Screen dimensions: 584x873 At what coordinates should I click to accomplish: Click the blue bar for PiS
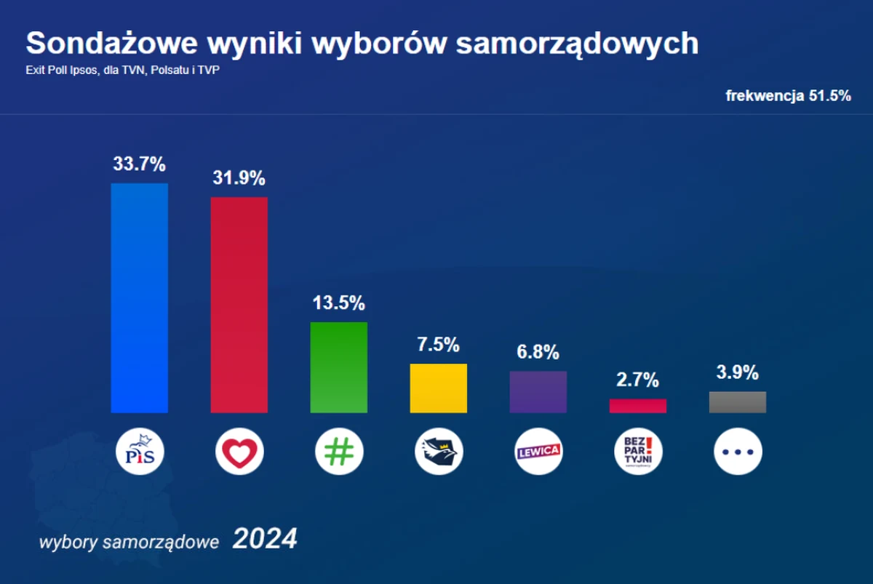point(139,298)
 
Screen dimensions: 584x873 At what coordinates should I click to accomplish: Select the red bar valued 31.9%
point(239,305)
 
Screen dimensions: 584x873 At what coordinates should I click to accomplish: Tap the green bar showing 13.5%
point(339,367)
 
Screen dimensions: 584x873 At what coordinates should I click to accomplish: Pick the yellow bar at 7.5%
point(439,388)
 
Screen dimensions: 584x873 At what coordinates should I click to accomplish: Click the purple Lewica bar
point(538,392)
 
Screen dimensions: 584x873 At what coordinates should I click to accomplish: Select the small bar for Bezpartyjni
point(638,406)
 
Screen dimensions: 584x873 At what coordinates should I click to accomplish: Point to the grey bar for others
point(738,402)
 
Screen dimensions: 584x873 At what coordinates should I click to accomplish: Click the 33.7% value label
point(139,164)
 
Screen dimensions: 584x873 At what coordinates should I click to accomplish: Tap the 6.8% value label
point(538,353)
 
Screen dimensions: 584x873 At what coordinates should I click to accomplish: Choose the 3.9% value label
point(738,373)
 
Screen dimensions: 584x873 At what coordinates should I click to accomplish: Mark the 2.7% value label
point(638,380)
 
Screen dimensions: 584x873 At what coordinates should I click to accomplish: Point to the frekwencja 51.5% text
point(788,96)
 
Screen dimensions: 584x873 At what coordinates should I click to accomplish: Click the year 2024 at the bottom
point(265,540)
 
